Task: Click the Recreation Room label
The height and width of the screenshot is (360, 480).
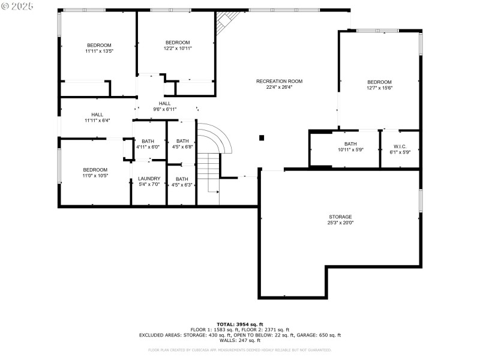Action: coord(279,81)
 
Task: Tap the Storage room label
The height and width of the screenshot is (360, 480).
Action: coord(340,217)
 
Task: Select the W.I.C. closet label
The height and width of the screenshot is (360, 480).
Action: coord(400,147)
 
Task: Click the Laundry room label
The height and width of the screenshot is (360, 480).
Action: coord(149,179)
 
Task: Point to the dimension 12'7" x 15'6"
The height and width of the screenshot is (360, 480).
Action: coord(379,88)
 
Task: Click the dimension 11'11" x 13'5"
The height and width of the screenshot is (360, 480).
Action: coord(99,52)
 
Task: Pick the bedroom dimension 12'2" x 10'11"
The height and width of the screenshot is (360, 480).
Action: coord(178,49)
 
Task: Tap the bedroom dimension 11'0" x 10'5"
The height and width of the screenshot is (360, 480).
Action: coord(95,176)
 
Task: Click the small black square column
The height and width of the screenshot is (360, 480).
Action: coord(262,138)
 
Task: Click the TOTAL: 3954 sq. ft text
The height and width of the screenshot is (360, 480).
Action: coord(240,324)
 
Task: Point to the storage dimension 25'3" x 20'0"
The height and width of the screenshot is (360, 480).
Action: coord(340,223)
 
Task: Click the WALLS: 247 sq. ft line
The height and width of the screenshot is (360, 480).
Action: coord(240,340)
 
